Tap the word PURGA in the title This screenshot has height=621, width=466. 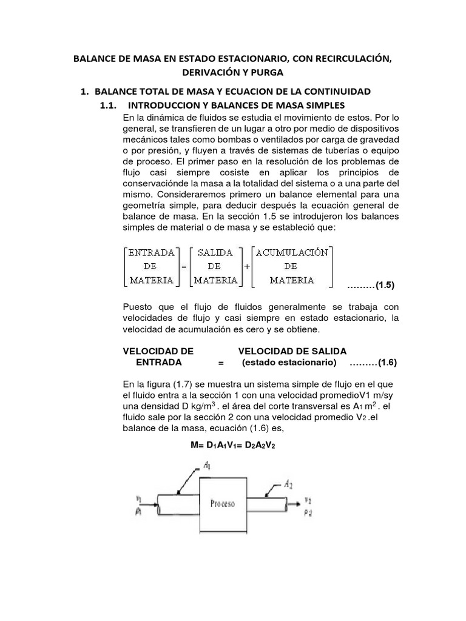268,73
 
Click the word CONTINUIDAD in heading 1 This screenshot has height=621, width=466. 336,92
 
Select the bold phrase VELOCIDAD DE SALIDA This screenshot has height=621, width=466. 292,351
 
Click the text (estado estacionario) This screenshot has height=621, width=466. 289,363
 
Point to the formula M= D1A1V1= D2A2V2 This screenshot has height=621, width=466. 233,445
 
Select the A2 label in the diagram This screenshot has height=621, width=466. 289,484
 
